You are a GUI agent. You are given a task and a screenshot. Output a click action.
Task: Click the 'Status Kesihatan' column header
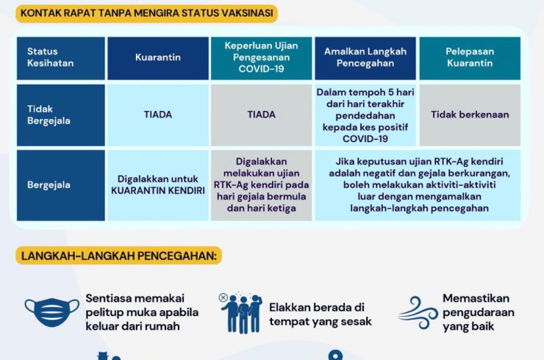click(61, 58)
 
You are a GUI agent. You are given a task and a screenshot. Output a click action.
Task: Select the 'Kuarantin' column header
click(158, 58)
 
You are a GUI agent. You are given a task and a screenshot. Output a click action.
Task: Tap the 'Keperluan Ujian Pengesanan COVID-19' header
click(261, 58)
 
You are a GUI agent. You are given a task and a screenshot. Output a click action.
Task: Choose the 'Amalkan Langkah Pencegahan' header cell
click(365, 58)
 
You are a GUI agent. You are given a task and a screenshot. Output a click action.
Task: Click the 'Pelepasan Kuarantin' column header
click(470, 58)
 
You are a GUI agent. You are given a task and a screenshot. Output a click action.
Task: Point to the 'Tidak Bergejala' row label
click(61, 115)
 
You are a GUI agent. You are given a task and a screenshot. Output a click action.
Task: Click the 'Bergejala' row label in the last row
click(61, 185)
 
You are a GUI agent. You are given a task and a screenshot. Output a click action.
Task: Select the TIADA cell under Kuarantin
click(158, 115)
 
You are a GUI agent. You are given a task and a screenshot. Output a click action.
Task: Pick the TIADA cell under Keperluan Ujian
click(261, 115)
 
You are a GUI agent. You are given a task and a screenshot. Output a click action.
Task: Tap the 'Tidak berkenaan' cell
click(470, 115)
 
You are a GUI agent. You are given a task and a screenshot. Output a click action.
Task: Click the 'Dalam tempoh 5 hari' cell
click(365, 115)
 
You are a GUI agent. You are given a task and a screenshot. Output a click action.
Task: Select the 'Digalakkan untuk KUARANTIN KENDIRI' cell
click(158, 185)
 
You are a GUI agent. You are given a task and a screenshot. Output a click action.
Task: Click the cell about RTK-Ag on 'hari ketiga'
click(261, 185)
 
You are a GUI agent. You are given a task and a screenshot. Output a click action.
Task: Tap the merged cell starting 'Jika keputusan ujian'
click(418, 185)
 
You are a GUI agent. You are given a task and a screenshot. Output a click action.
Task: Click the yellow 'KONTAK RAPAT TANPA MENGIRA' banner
click(147, 13)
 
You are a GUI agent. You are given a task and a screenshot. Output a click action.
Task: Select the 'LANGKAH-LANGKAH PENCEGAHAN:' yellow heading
click(118, 256)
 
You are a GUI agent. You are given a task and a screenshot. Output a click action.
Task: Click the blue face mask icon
click(52, 312)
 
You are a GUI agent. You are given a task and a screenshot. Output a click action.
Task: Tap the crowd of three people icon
click(241, 313)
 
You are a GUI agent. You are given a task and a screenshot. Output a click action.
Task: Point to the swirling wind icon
click(418, 312)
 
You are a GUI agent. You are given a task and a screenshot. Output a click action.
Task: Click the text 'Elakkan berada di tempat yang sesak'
click(321, 314)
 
